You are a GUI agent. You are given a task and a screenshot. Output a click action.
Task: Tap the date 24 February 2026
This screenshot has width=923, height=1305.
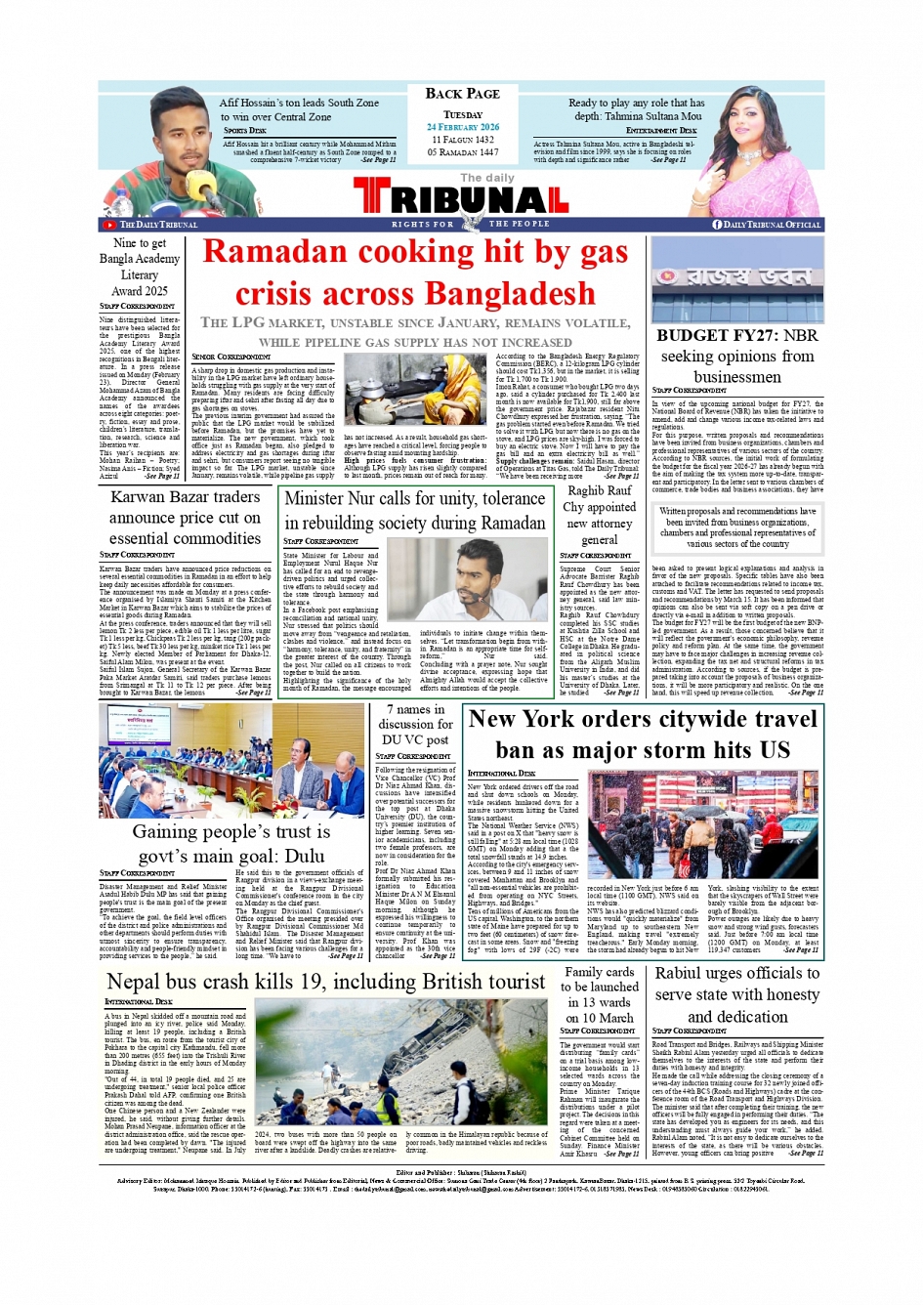[462, 127]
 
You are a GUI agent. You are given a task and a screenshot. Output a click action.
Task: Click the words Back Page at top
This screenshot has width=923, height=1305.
[462, 94]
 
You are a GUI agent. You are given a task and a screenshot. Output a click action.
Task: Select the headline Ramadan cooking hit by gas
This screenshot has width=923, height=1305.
[415, 252]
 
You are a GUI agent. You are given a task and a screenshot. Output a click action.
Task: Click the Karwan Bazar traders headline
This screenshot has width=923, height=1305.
[185, 518]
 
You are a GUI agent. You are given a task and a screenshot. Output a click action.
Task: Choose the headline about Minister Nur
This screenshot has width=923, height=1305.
[414, 510]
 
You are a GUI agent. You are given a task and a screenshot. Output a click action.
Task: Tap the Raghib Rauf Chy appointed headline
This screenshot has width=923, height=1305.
[600, 515]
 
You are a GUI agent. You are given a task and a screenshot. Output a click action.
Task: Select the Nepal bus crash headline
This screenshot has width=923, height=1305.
[325, 982]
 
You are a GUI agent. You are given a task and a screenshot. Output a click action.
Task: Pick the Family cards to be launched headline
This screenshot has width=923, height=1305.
[600, 994]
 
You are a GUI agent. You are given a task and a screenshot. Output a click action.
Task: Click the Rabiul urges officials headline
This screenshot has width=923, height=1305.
[736, 994]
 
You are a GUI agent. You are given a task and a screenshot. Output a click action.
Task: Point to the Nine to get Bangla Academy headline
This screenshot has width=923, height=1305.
[140, 267]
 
